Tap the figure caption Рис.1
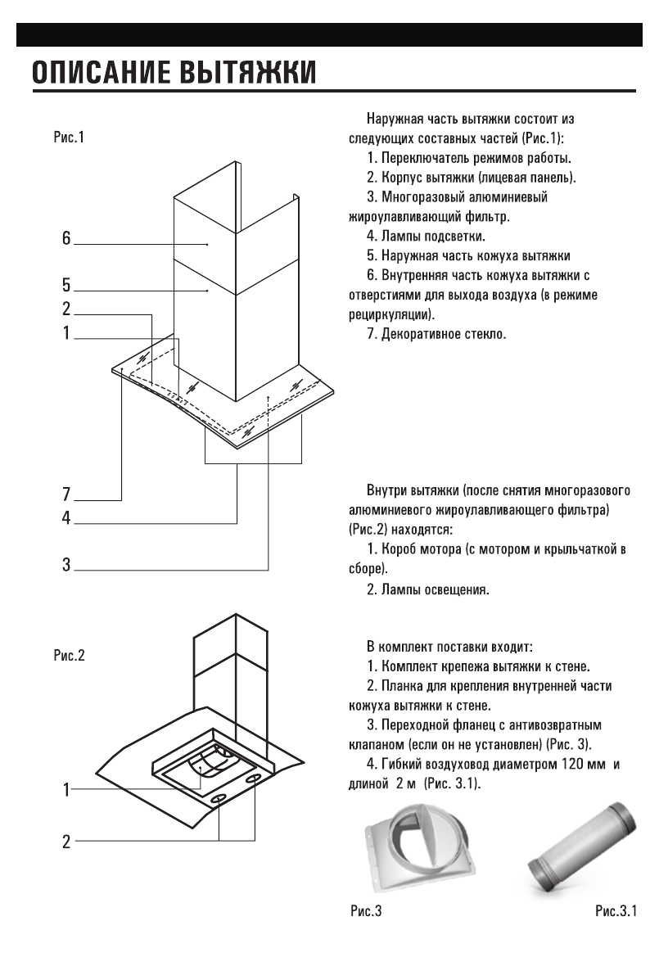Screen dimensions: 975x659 [67, 138]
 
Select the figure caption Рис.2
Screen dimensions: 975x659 [68, 656]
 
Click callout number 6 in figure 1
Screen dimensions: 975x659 [66, 239]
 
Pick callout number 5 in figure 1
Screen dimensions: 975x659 [66, 286]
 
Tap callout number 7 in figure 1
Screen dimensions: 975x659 [66, 494]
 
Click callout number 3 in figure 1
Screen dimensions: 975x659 [66, 565]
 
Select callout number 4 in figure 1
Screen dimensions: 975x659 [66, 518]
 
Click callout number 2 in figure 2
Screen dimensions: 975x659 [66, 840]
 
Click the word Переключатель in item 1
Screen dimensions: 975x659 [423, 156]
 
